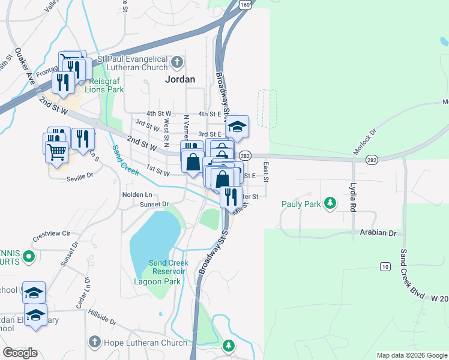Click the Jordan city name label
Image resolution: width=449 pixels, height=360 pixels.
click(180, 79)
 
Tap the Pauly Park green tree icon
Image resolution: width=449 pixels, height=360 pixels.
click(329, 204)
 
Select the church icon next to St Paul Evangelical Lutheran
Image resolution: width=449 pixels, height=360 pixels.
click(176, 62)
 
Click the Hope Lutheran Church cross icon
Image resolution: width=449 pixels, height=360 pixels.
click(94, 342)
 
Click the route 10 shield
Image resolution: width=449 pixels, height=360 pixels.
click(384, 266)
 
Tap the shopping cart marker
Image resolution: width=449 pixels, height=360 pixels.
click(56, 152)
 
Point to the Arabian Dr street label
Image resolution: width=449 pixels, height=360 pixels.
click(379, 232)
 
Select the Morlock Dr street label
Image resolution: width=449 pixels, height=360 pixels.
click(364, 143)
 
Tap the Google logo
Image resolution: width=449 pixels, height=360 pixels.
click(20, 353)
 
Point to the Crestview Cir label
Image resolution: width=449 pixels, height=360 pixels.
click(52, 233)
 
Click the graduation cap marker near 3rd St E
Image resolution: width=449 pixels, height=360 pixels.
click(238, 127)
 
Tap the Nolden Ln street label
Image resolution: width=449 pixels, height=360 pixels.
click(137, 194)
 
